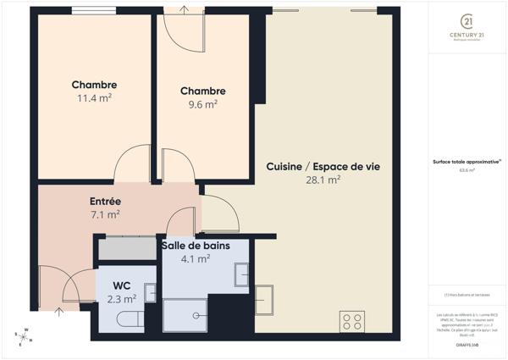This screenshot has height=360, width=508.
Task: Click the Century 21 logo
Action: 467,25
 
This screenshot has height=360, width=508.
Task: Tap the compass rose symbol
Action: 25,337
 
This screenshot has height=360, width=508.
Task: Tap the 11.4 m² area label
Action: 94,97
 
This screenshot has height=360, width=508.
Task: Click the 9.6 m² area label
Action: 202,104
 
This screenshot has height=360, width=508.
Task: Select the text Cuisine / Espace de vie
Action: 323,167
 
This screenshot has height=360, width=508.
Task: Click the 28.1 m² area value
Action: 323,180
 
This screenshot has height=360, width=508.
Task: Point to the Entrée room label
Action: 106,202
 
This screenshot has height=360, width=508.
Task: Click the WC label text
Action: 122,285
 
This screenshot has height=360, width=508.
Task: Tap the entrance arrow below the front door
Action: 58,313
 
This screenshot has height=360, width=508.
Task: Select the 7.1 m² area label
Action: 106,214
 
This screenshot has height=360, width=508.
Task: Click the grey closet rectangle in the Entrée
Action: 126,249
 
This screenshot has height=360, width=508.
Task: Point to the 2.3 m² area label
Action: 122,298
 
